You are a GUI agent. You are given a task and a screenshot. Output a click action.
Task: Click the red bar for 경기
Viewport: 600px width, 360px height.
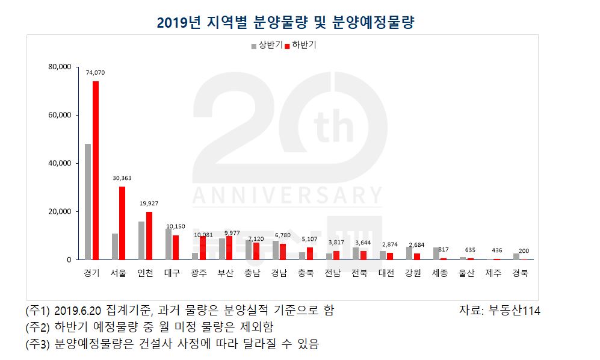95,170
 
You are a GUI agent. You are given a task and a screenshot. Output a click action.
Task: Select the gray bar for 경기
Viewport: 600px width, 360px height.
88,202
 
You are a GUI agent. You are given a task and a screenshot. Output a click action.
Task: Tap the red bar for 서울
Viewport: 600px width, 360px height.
122,223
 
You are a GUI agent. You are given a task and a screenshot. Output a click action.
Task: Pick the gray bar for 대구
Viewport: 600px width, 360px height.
168,244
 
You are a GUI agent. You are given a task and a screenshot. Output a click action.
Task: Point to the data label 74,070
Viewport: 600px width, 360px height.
95,73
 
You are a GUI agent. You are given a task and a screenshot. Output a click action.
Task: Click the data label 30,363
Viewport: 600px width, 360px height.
122,178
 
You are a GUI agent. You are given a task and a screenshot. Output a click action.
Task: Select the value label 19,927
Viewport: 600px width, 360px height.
149,203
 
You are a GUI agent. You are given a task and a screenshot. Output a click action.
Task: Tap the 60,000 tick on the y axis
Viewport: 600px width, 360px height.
60,115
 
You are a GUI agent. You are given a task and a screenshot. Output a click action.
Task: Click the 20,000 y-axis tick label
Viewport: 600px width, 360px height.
60,211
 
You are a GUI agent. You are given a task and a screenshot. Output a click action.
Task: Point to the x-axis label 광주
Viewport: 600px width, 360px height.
199,273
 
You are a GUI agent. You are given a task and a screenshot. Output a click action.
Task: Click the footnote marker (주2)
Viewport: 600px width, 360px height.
39,327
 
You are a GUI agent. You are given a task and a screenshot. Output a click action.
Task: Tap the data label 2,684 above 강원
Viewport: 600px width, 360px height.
416,246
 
